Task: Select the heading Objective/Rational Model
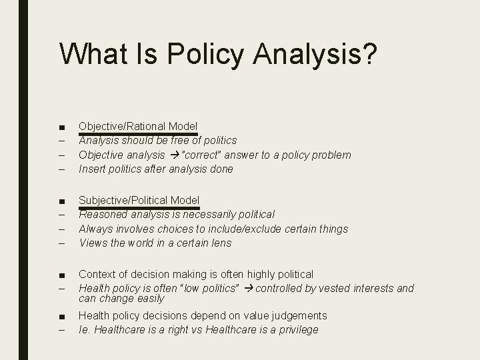click(x=138, y=126)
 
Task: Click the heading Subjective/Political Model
click(x=139, y=200)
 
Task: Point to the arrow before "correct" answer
click(x=175, y=155)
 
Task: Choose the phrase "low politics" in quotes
click(x=213, y=288)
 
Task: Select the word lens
click(x=221, y=243)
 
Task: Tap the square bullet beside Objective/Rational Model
click(x=61, y=127)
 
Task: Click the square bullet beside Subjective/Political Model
click(x=61, y=201)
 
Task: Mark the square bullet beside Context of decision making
click(x=61, y=275)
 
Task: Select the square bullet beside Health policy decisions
click(x=61, y=316)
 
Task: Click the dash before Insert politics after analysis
click(x=61, y=169)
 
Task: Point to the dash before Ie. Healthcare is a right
click(x=61, y=330)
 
